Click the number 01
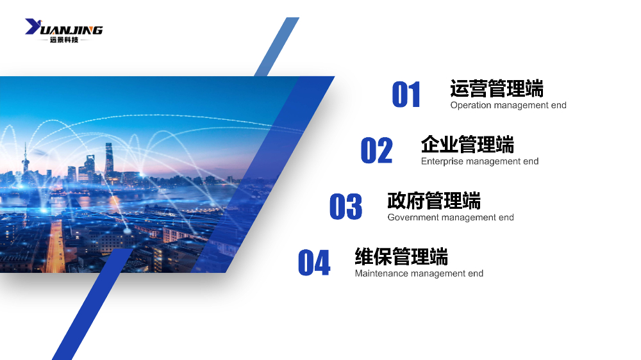(406, 94)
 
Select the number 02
(376, 151)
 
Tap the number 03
(345, 206)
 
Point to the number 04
(314, 263)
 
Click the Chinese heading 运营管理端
(497, 88)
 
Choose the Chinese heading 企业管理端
(467, 145)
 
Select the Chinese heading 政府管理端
(434, 200)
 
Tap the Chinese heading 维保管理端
(401, 257)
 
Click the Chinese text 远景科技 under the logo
(64, 40)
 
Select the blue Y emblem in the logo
(33, 26)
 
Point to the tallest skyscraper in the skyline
(109, 160)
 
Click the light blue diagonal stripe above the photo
(277, 47)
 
